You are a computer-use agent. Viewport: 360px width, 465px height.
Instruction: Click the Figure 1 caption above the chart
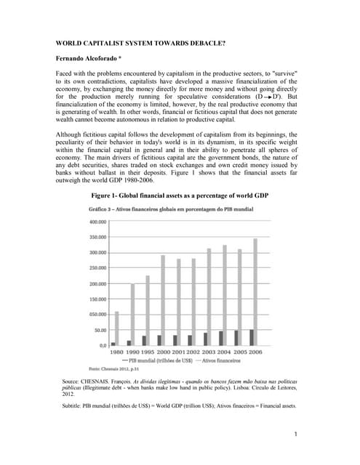pos(180,196)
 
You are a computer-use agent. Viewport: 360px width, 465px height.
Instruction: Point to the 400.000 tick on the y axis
pos(97,222)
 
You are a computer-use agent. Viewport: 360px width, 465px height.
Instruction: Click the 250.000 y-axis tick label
pos(97,268)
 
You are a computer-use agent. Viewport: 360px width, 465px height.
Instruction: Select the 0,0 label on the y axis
pos(103,345)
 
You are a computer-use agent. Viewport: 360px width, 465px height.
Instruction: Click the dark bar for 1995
pos(143,340)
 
